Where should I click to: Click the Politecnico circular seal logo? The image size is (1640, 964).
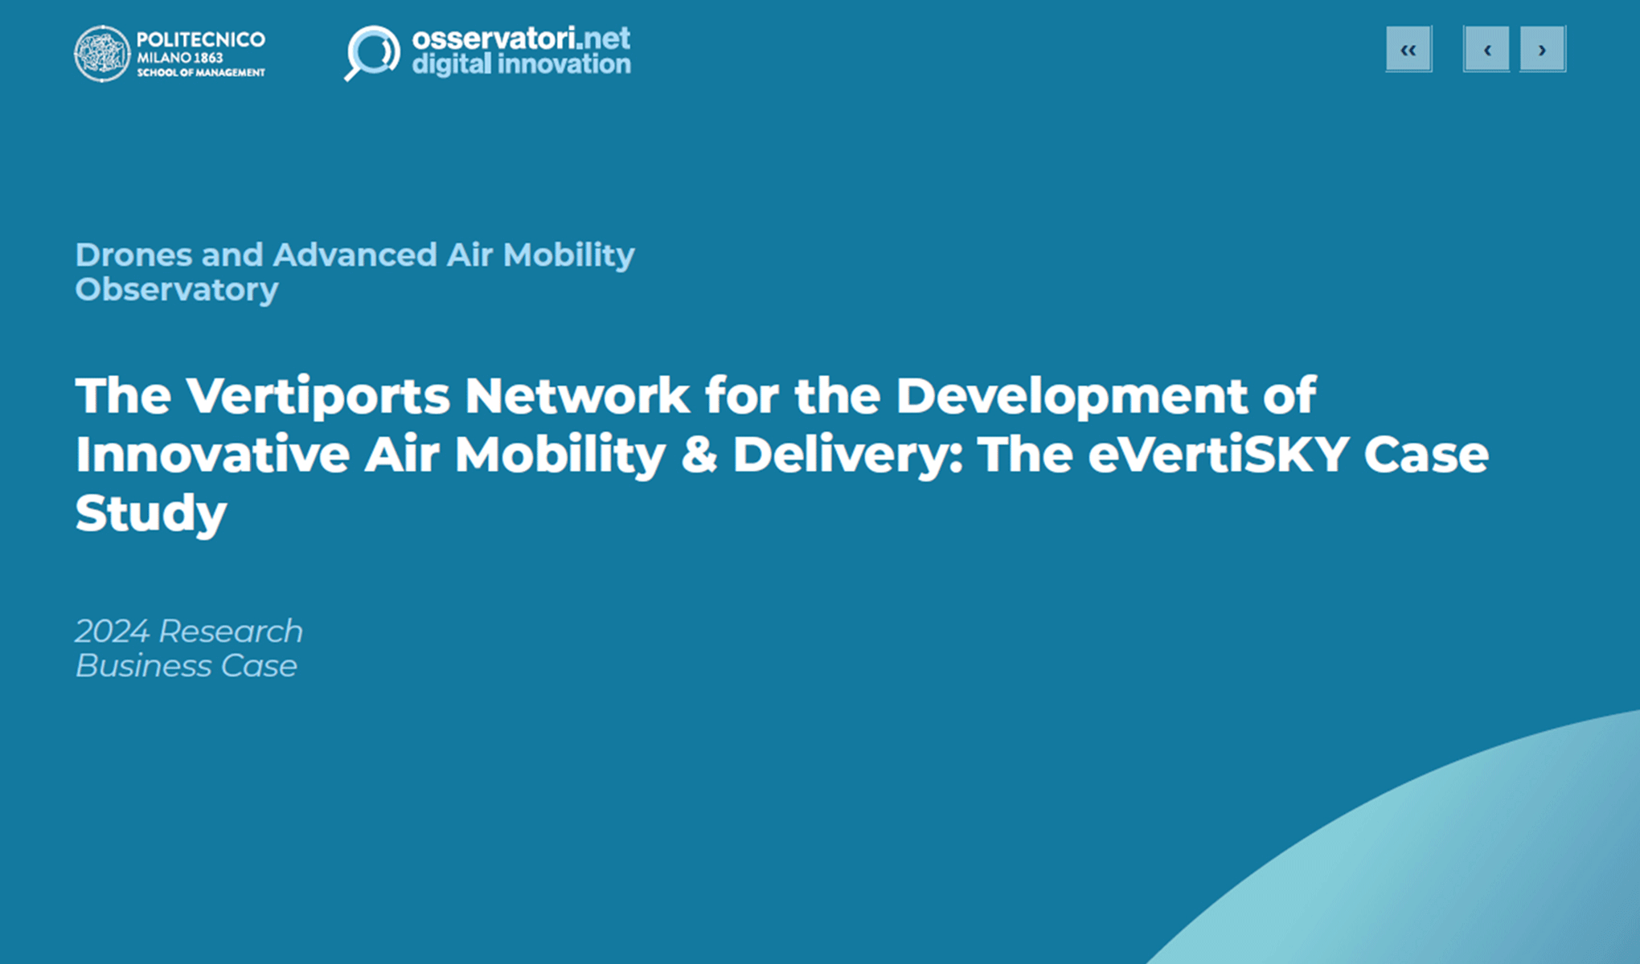point(102,54)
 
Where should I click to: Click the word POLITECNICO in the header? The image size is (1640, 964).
point(200,39)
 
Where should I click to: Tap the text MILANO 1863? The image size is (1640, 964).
point(179,58)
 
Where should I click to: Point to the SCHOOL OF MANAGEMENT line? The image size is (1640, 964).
point(200,73)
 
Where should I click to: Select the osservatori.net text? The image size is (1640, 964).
point(520,38)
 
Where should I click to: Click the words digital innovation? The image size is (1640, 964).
point(520,64)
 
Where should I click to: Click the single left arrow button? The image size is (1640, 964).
point(1486,50)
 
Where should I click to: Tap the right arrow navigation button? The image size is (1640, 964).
point(1542,50)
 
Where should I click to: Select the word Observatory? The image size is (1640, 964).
point(176,290)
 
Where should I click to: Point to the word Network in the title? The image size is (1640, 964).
point(576,396)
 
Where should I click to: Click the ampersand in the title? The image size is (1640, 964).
point(699,455)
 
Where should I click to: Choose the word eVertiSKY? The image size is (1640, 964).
point(1217,455)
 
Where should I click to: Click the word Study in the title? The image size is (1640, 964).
point(150,513)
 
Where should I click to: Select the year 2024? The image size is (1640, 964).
point(113,631)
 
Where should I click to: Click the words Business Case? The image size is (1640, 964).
point(186,666)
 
